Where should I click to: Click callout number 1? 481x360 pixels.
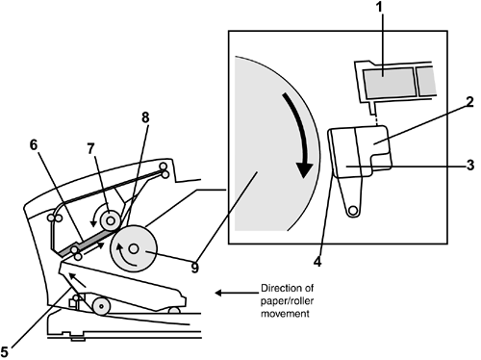point(380,7)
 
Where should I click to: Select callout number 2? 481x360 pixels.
point(469,102)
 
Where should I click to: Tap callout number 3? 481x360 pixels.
point(470,166)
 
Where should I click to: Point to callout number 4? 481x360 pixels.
point(317,262)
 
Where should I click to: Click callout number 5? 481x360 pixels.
point(4,351)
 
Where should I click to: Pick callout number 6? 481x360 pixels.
point(34,144)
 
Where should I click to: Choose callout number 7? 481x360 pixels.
point(91,148)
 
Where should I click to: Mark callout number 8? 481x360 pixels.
point(145,117)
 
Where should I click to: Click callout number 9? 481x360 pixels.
point(194,268)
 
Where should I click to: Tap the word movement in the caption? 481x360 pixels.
point(285,313)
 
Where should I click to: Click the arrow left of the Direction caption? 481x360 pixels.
point(237,293)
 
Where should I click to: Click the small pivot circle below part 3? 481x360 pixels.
point(353,211)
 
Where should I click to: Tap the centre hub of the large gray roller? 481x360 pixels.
point(134,248)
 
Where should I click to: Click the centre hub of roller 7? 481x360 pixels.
point(110,220)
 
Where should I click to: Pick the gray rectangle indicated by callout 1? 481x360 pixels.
point(390,83)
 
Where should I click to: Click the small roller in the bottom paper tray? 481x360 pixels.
point(101,306)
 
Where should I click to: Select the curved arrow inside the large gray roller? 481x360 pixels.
point(127,256)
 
